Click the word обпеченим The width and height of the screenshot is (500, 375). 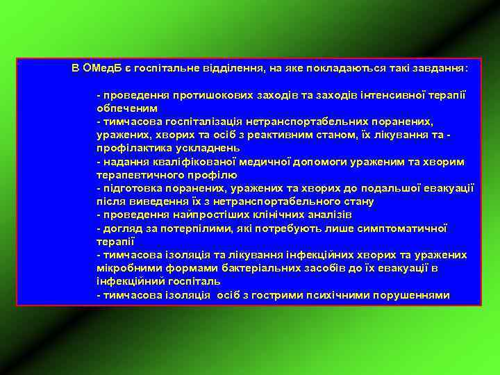(x=127, y=108)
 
